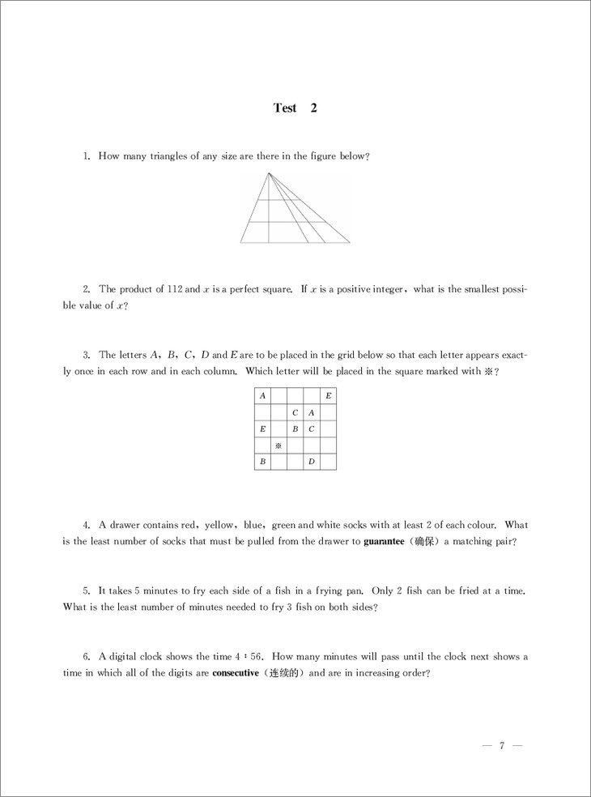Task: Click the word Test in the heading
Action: pos(285,109)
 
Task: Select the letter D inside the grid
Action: pos(311,462)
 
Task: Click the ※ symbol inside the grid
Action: pos(278,445)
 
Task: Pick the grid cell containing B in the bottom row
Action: pos(261,462)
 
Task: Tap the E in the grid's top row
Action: pos(328,396)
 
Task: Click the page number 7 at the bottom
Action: pos(502,746)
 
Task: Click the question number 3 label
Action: pos(86,355)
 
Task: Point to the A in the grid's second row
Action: pos(311,412)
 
